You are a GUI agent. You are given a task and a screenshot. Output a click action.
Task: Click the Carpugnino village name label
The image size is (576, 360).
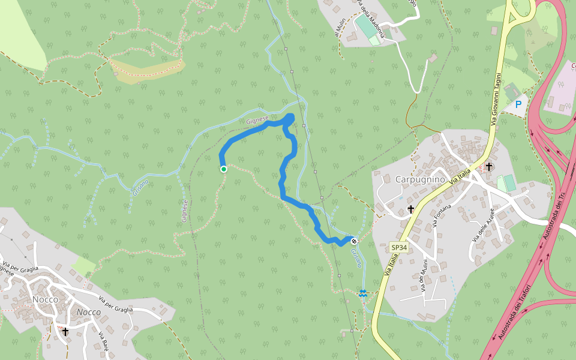tap(420, 179)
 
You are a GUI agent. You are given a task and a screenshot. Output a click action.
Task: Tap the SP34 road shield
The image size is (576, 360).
tap(399, 247)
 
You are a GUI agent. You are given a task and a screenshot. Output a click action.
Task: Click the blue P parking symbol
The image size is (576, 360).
tap(518, 104)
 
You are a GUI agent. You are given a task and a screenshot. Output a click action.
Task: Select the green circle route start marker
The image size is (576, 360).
tap(224, 169)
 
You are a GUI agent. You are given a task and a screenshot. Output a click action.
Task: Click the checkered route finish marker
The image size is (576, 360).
tap(355, 241)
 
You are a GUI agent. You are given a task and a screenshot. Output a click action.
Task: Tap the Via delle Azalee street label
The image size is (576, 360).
tap(484, 224)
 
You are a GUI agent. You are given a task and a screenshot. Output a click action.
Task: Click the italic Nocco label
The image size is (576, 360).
tap(88, 312)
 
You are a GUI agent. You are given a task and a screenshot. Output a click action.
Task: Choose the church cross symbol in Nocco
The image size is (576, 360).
tap(65, 331)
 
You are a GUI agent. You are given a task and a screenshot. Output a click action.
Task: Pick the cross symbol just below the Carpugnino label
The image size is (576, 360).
tap(411, 209)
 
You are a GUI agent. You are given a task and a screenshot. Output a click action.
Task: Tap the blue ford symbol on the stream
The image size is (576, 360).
tap(363, 293)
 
